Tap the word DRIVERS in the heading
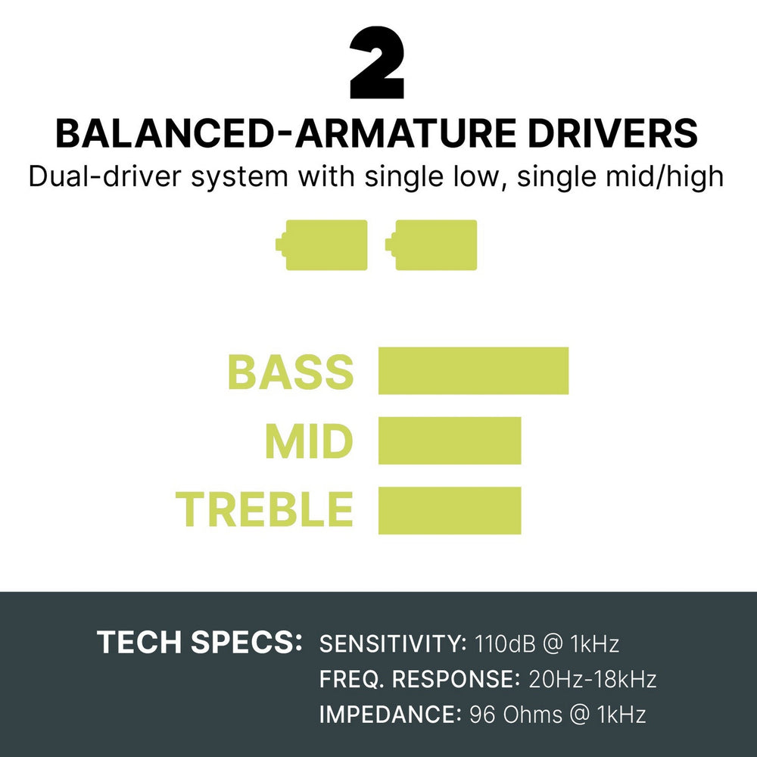(613, 133)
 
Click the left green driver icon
(322, 245)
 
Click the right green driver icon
(431, 245)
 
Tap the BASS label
(291, 372)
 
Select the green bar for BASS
(473, 370)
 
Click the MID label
(309, 441)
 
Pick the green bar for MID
(450, 441)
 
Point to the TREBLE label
(264, 509)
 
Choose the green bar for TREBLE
(450, 510)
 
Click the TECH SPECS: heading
(200, 642)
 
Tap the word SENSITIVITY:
(393, 643)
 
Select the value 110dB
(506, 643)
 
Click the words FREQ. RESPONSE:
(419, 679)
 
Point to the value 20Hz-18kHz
(593, 679)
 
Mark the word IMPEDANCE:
(391, 715)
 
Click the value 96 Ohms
(516, 715)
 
